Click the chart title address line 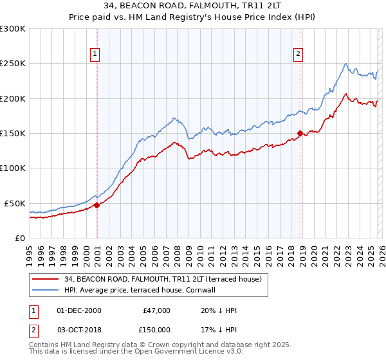[x=193, y=7]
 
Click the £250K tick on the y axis [x=13, y=64]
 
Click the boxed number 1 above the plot [x=95, y=55]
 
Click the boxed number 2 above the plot [x=299, y=55]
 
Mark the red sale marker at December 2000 [x=96, y=205]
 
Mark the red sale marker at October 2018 [x=300, y=134]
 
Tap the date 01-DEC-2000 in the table [x=79, y=310]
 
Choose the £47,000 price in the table [x=156, y=310]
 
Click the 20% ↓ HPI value [x=219, y=310]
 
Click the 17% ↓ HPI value [x=219, y=329]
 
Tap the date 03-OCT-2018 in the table [x=79, y=329]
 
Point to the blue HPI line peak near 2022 [x=346, y=63]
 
